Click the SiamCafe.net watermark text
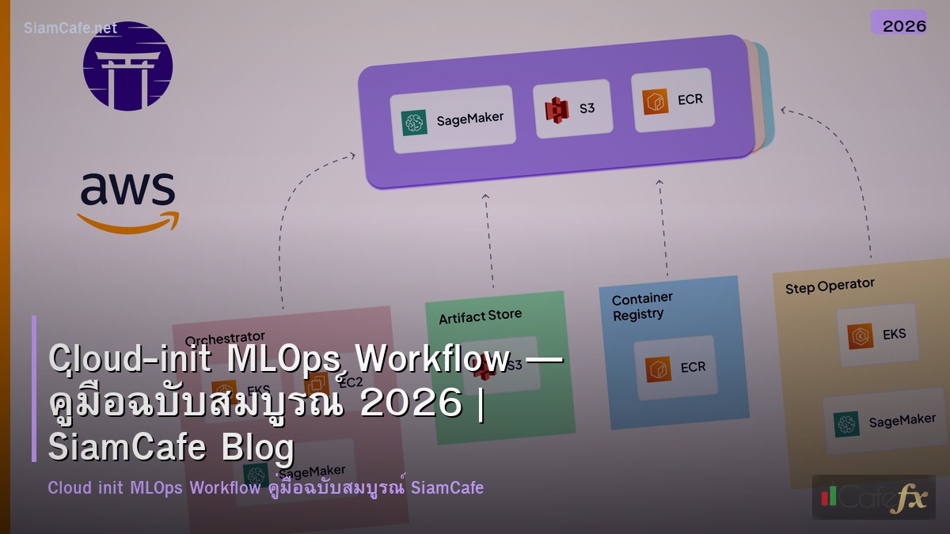70,28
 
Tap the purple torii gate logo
127,66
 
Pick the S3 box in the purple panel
572,108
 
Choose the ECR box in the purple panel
673,100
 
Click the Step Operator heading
830,286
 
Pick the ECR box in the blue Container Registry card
675,368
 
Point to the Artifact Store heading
480,316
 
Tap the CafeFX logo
873,497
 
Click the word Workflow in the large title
432,360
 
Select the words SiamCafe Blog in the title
171,448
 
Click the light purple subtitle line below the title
265,487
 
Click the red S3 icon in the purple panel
557,108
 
